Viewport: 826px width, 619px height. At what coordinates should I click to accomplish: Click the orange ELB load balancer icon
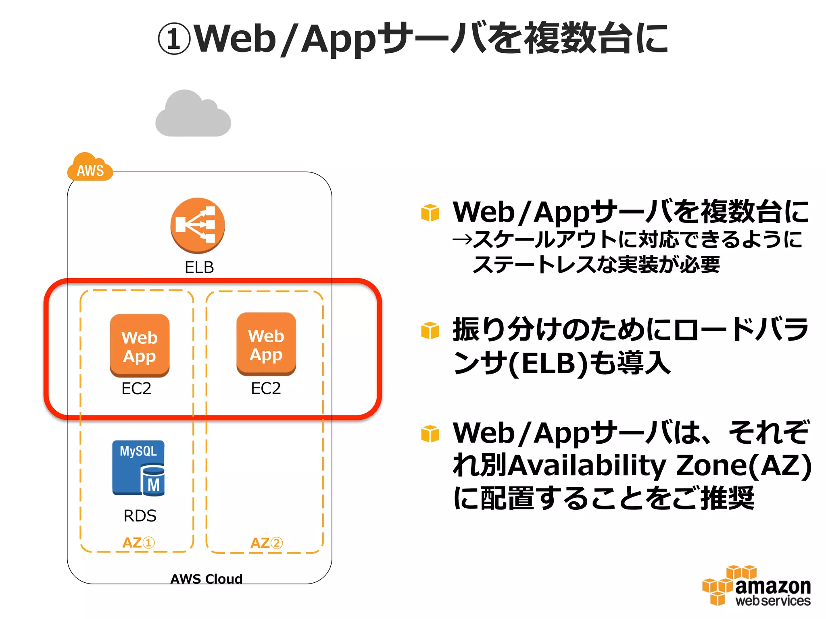(x=198, y=225)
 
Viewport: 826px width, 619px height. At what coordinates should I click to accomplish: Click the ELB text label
(x=199, y=267)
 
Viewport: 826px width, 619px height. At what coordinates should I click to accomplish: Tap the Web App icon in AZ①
(x=140, y=345)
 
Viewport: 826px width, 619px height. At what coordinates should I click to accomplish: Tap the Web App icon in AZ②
(x=266, y=344)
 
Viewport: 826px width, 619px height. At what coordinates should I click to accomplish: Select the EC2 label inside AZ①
(x=136, y=388)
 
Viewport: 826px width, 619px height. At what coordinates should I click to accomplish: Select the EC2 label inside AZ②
(x=266, y=388)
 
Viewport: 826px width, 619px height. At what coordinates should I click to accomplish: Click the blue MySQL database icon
(x=138, y=468)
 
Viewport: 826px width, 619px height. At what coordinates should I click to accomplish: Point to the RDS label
(x=140, y=516)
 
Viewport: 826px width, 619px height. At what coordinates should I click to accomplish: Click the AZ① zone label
(x=138, y=542)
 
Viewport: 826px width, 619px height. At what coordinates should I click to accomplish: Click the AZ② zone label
(x=266, y=543)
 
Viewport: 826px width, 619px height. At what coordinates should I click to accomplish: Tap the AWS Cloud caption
(x=206, y=579)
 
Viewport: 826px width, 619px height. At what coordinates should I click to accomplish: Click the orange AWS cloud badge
(x=90, y=167)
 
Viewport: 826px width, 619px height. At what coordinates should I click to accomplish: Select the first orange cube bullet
(x=430, y=212)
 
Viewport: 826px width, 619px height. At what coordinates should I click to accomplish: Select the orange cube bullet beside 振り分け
(x=430, y=330)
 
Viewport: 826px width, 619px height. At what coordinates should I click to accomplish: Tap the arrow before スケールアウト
(x=462, y=240)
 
